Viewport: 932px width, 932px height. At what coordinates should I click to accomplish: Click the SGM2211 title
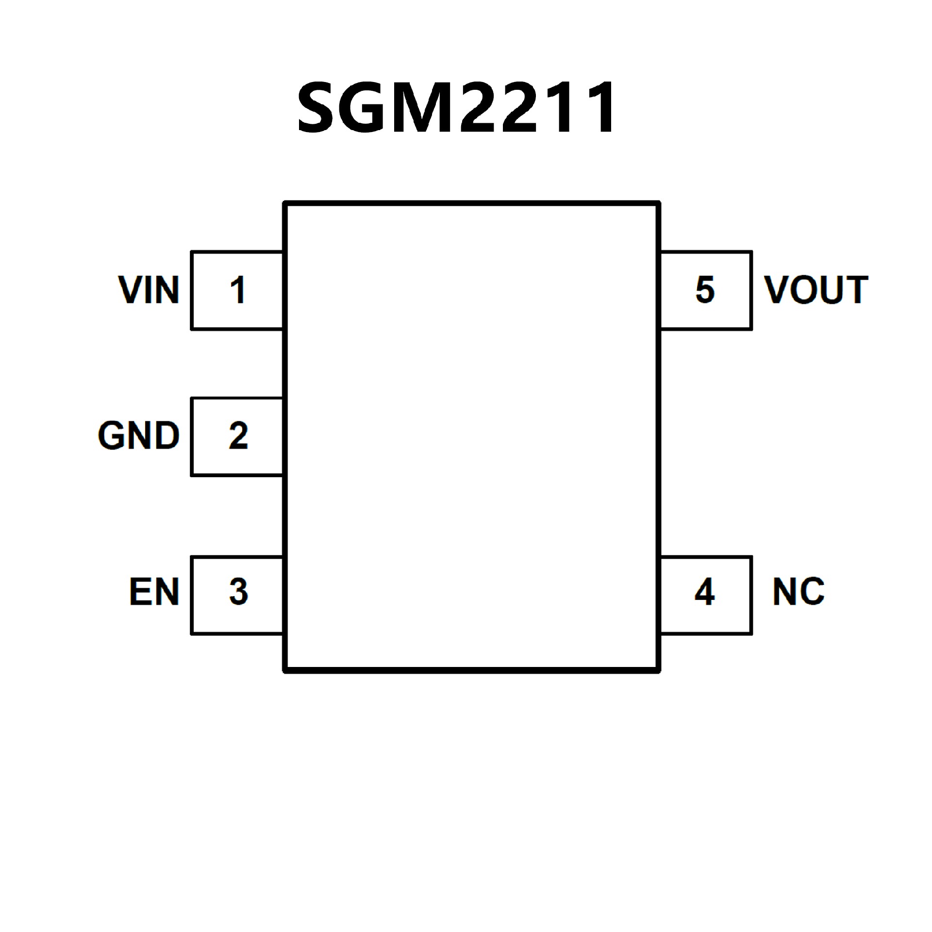tap(456, 108)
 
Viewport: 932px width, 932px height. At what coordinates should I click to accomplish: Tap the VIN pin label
tap(149, 290)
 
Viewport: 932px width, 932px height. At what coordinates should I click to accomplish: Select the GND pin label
tap(139, 435)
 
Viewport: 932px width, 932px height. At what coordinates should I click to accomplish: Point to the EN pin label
tap(154, 592)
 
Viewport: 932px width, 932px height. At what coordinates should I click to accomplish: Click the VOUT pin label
tap(816, 290)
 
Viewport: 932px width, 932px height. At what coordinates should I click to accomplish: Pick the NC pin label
tap(799, 592)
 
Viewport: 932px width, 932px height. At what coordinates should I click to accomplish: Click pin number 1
tap(238, 290)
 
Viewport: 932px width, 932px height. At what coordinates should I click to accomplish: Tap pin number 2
tap(238, 435)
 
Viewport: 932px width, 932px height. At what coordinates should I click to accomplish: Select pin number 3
tap(238, 592)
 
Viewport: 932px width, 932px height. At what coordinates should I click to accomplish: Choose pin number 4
tap(705, 592)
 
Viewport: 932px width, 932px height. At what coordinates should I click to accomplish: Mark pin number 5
tap(705, 290)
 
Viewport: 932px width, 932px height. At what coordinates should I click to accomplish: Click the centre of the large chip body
tap(472, 437)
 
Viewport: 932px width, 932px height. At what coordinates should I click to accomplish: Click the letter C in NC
tap(812, 592)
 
